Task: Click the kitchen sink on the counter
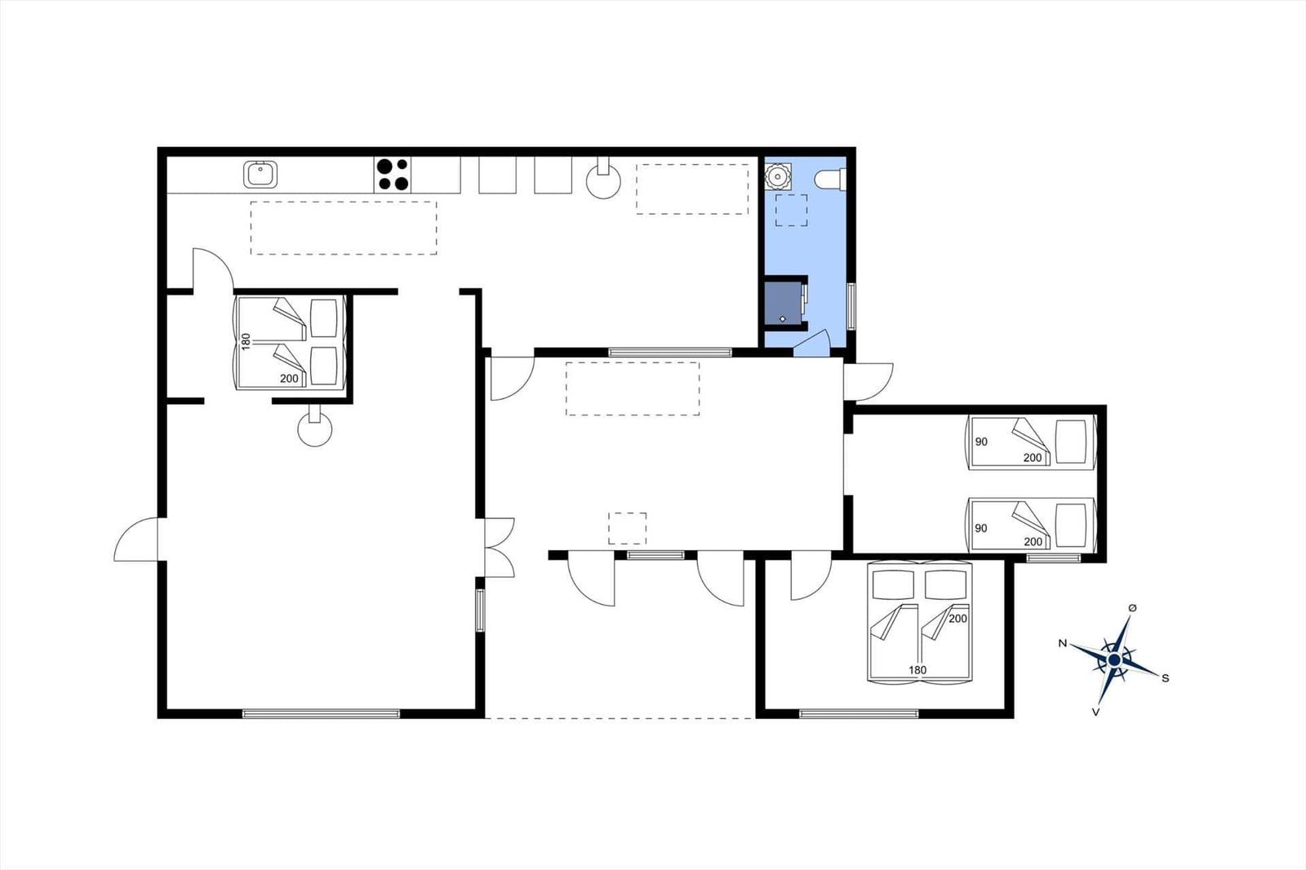260,175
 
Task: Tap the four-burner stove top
393,175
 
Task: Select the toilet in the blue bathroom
829,179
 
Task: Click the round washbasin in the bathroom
778,175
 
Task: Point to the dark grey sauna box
784,303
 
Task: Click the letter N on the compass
1063,643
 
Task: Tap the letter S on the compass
1166,678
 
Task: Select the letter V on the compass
1095,712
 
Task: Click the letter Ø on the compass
1133,607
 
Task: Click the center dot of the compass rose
1114,660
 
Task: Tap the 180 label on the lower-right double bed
917,670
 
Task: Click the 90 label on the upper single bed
981,442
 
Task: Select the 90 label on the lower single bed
981,528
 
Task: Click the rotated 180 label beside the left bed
246,341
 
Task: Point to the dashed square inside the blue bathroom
791,211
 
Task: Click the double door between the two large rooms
499,548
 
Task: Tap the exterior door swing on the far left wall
136,539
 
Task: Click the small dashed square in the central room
628,529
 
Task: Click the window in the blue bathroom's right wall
851,306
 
